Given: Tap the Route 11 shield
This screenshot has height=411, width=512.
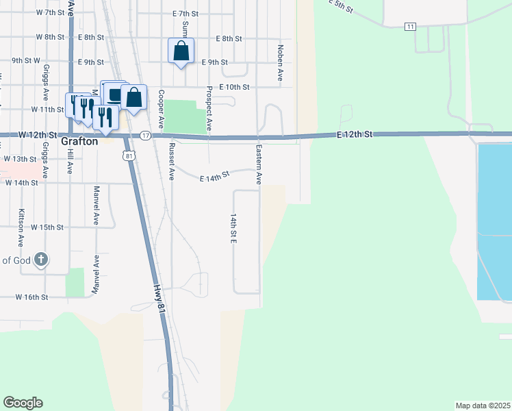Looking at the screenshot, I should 410,26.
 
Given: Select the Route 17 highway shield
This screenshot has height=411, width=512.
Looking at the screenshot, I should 145,136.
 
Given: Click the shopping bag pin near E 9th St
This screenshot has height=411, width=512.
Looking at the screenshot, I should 181,51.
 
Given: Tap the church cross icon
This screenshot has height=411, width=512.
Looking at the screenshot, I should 41,259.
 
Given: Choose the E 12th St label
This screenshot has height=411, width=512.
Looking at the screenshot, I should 355,134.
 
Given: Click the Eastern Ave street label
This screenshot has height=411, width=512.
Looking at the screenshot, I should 259,164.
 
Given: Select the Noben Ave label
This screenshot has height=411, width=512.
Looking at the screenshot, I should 280,63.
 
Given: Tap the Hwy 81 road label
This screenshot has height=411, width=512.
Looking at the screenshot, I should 159,300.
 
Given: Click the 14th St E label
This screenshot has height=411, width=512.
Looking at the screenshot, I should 233,228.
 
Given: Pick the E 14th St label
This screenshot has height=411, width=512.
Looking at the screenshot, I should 214,177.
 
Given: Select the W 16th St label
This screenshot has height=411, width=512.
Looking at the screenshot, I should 32,297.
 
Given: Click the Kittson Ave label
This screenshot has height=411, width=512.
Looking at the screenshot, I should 22,227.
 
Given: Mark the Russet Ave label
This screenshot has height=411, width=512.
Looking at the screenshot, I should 172,162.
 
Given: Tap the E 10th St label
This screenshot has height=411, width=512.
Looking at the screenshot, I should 234,87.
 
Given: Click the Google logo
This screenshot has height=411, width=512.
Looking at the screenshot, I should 23,403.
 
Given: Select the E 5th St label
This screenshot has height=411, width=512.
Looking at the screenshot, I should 340,5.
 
